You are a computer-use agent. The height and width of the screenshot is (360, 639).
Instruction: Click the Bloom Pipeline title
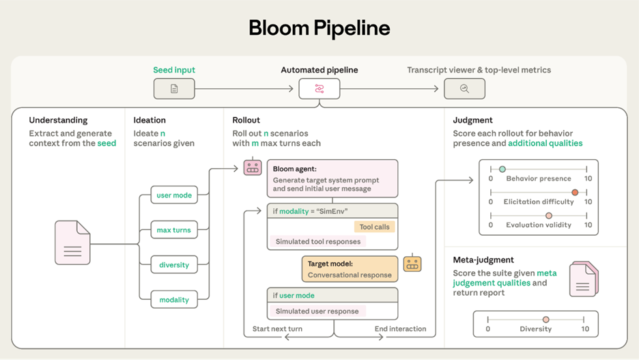tap(319, 28)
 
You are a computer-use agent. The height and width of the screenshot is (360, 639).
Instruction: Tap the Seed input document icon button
tap(174, 89)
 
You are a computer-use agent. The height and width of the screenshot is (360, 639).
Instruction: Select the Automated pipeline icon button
tap(319, 89)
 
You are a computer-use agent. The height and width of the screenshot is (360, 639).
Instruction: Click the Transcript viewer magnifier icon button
tap(464, 89)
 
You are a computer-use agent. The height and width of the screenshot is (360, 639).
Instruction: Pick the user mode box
tap(174, 195)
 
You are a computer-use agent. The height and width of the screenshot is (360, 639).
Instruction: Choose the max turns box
tap(174, 230)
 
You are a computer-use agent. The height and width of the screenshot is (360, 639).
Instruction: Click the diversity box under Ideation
tap(174, 265)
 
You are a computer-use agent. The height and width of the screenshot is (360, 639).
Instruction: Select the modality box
tap(174, 300)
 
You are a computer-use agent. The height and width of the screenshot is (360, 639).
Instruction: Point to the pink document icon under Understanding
tap(72, 243)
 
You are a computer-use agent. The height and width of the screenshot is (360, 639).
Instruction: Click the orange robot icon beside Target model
tap(412, 263)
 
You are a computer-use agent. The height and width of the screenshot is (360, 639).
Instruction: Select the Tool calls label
tap(375, 227)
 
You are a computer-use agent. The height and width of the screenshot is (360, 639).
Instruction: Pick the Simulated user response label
tap(317, 311)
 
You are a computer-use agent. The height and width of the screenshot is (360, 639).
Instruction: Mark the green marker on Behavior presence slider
tap(502, 169)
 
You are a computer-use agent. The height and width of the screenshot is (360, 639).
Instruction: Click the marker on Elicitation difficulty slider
tap(575, 193)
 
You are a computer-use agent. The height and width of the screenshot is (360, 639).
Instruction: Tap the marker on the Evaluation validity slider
tap(549, 216)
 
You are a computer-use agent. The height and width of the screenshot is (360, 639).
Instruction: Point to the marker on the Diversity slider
tap(545, 320)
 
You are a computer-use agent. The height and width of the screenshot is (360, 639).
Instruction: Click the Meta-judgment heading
tap(483, 260)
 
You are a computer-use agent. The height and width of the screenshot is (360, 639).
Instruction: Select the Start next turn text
tap(277, 329)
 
